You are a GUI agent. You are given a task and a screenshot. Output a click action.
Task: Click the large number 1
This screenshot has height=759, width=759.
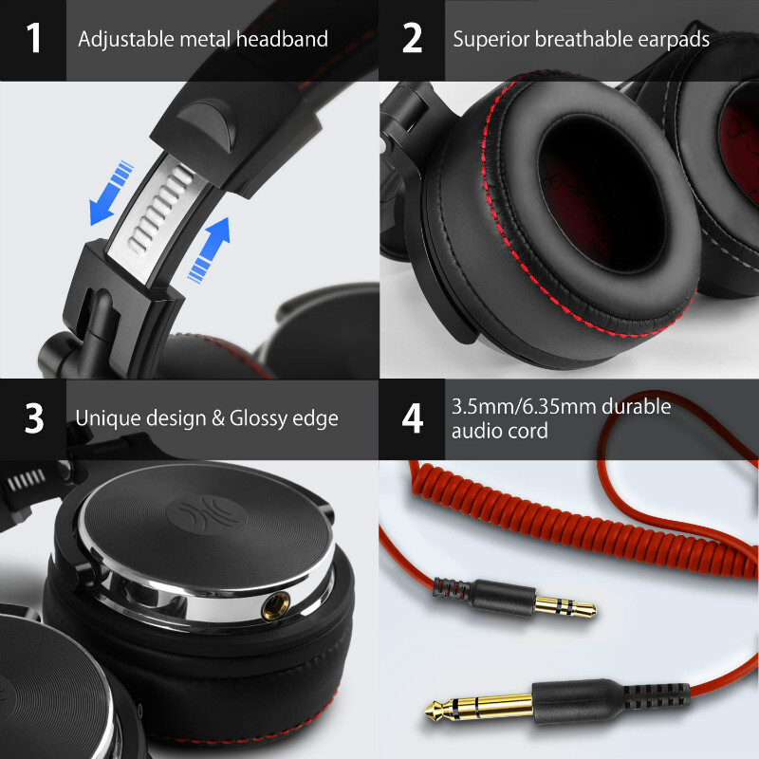coord(34,40)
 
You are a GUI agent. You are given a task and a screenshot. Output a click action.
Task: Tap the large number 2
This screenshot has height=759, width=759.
coord(412,40)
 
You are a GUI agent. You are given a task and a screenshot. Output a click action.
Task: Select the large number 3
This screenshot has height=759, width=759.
coord(34,418)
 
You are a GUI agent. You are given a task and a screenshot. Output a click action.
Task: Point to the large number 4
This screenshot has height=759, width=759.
coord(412,418)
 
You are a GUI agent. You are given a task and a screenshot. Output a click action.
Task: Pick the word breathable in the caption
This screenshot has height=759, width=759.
coord(580,40)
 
